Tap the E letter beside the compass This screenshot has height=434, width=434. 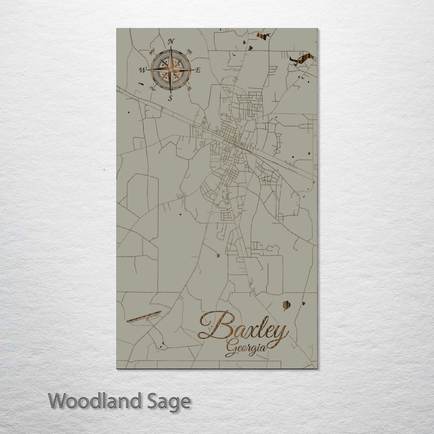click(198, 70)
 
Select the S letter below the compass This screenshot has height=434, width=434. click(170, 98)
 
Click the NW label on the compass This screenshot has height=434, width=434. click(152, 51)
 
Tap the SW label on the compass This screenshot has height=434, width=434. click(152, 88)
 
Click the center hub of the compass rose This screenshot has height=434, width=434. click(171, 70)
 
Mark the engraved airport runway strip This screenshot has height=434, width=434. click(144, 316)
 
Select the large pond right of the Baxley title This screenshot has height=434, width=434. click(287, 306)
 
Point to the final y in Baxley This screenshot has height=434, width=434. click(282, 334)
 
